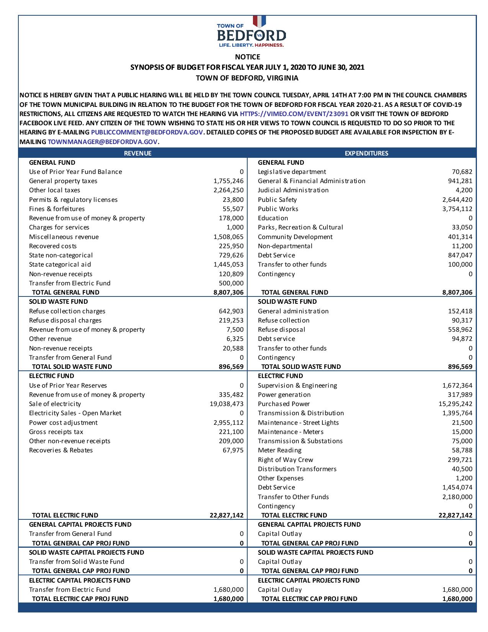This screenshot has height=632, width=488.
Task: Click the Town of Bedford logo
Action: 251,33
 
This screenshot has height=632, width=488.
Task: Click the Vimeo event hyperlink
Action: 294,114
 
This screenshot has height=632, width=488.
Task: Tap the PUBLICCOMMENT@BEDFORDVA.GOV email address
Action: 147,132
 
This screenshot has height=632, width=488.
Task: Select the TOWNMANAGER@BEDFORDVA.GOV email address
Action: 103,142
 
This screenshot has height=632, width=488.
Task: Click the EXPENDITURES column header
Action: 366,153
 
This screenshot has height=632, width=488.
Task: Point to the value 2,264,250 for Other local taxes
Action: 228,190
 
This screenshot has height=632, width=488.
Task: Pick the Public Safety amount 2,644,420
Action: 457,200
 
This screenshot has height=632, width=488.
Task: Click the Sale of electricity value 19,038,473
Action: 227,404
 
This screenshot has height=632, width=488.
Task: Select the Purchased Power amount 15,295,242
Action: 455,404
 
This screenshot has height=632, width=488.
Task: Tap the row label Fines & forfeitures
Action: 57,209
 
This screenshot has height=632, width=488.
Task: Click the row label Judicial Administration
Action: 293,190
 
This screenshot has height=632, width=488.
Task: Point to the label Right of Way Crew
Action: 286,460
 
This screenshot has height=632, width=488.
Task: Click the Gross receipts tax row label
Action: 56,432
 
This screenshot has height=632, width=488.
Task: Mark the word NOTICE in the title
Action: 247,57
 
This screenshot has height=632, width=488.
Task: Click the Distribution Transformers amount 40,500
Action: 462,469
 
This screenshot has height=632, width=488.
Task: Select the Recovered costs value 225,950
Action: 231,246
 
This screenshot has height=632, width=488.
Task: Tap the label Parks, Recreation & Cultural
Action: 300,227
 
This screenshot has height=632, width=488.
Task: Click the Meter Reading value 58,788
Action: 462,450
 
